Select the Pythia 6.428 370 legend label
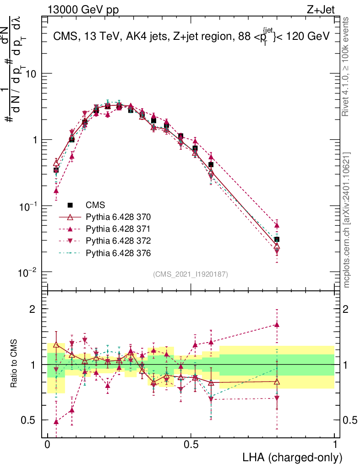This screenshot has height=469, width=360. tap(119, 217)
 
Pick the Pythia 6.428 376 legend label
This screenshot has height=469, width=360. tap(119, 253)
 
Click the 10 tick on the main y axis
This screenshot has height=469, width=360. tap(30, 74)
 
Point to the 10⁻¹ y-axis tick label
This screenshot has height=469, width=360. tap(28, 206)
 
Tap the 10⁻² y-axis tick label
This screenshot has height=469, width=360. tap(28, 273)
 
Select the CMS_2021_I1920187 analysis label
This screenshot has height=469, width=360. tap(191, 274)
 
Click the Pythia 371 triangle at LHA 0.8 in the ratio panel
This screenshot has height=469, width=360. tap(277, 325)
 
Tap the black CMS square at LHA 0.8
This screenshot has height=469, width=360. tap(277, 240)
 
